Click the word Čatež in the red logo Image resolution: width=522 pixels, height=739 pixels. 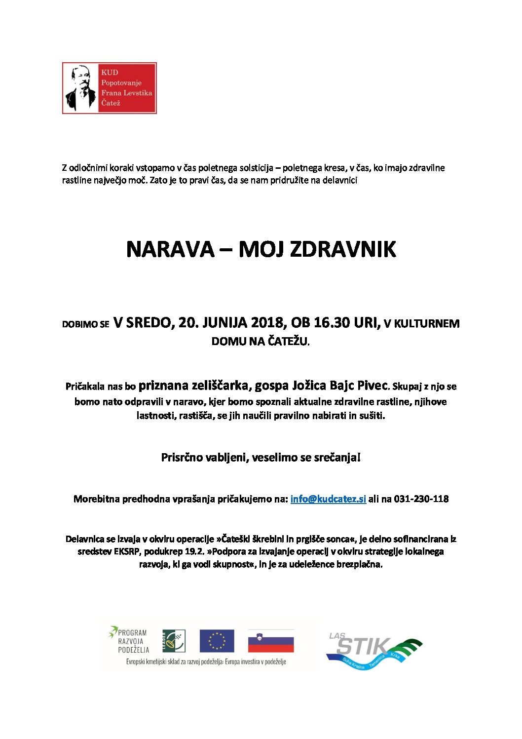[111, 103]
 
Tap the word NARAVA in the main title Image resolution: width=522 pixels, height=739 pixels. [170, 249]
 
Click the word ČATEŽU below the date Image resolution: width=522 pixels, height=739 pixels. [288, 341]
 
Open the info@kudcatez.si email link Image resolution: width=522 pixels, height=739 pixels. [328, 499]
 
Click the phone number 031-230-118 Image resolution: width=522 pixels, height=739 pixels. [421, 499]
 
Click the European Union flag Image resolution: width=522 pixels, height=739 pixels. [217, 641]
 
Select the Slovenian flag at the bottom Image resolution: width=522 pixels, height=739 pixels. [270, 641]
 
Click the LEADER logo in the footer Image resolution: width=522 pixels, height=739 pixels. [174, 641]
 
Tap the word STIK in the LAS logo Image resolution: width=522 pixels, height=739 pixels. [364, 646]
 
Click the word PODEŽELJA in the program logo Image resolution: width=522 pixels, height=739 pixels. [133, 650]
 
